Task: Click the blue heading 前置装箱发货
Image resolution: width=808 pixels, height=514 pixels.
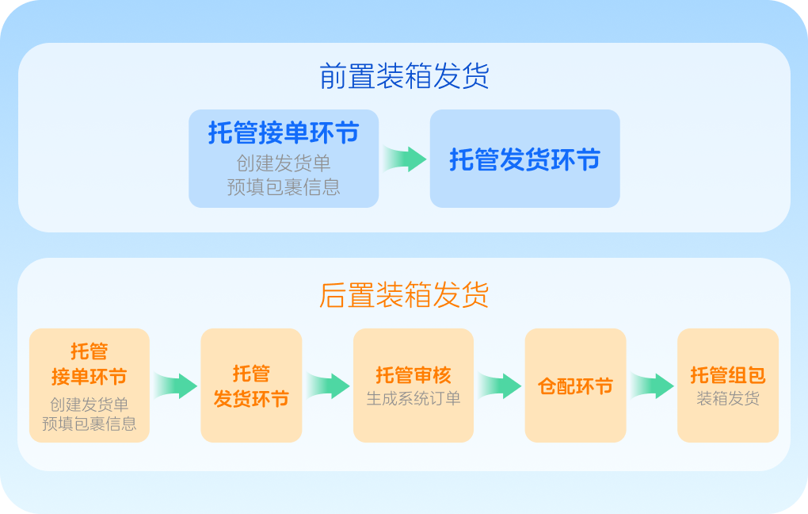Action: pyautogui.click(x=404, y=76)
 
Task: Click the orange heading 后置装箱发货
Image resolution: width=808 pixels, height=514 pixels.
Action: pyautogui.click(x=404, y=294)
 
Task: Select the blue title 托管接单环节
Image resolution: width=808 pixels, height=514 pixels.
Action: pyautogui.click(x=284, y=132)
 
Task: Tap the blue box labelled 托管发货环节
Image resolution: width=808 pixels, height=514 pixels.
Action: pyautogui.click(x=524, y=159)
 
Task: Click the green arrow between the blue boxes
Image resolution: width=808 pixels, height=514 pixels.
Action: pyautogui.click(x=405, y=158)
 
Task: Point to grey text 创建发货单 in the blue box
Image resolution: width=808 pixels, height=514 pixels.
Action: pyautogui.click(x=284, y=163)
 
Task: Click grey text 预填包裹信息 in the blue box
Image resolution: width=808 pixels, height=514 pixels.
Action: pyautogui.click(x=284, y=187)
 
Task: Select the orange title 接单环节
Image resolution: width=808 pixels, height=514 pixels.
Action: pyautogui.click(x=89, y=375)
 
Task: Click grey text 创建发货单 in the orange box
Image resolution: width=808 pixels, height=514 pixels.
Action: pyautogui.click(x=89, y=404)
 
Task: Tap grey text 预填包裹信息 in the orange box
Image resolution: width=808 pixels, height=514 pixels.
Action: pyautogui.click(x=89, y=424)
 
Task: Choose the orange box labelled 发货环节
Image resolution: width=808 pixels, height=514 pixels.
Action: pyautogui.click(x=251, y=385)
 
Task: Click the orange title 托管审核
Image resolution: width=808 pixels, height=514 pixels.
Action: pyautogui.click(x=413, y=374)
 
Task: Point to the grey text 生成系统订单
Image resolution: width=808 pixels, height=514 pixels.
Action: pyautogui.click(x=413, y=398)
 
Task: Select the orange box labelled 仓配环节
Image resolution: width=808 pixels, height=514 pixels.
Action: pyautogui.click(x=575, y=386)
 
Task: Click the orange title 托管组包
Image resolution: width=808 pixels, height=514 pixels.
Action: pyautogui.click(x=727, y=374)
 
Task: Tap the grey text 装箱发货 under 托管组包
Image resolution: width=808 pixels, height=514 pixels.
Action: pyautogui.click(x=727, y=398)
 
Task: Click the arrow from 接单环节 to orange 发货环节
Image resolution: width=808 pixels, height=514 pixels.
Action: pyautogui.click(x=175, y=385)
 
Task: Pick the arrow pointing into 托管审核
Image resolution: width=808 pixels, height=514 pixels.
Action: pyautogui.click(x=328, y=385)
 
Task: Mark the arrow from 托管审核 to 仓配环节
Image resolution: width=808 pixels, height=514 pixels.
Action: pyautogui.click(x=499, y=385)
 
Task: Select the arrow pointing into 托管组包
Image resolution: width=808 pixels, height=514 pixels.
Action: pyautogui.click(x=652, y=385)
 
